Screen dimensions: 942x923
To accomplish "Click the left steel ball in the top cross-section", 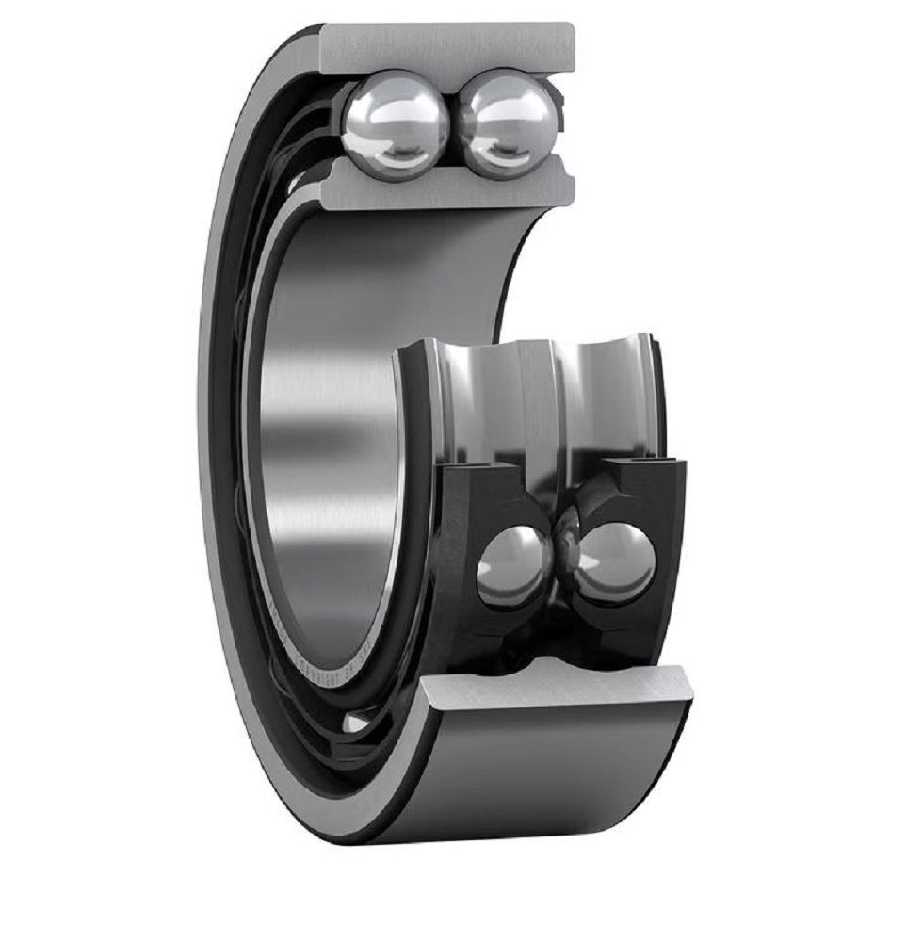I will [x=390, y=123].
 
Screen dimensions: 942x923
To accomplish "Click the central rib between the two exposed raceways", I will [x=551, y=396].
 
